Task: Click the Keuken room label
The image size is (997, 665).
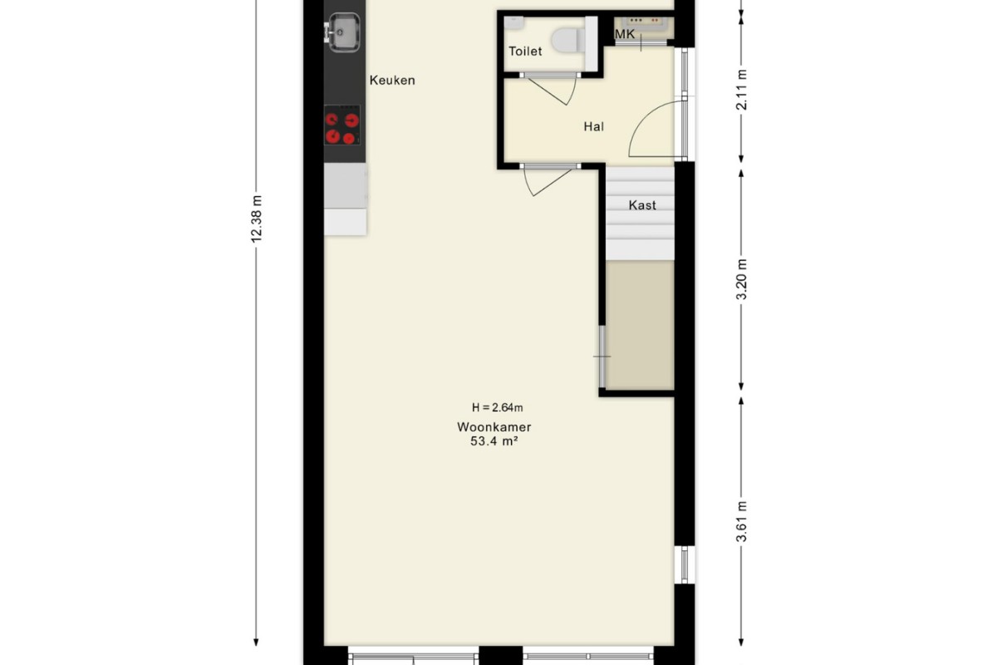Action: coord(392,81)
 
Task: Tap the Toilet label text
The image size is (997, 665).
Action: coord(525,52)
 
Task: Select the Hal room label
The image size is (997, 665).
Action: coord(594,127)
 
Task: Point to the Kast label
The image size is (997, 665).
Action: coord(642,205)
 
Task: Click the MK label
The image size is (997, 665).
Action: coord(625,34)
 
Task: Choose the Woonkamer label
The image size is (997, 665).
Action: coord(494,427)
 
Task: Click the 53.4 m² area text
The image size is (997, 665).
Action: coord(494,441)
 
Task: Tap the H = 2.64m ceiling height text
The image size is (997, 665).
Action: coord(497,407)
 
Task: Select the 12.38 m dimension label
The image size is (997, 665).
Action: coord(257,219)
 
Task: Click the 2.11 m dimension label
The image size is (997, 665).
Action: coord(741,90)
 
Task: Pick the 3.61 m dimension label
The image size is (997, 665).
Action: coord(741,521)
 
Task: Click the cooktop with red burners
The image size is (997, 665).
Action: coord(341,126)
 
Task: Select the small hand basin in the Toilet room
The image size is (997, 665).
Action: coord(514,22)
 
